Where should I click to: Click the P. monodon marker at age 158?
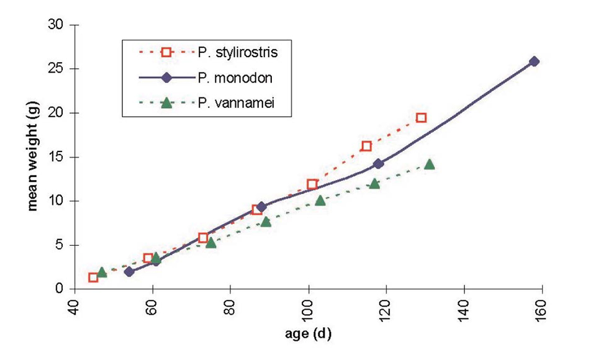click(534, 61)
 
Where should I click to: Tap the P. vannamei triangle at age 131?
click(429, 164)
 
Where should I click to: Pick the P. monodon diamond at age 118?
click(378, 164)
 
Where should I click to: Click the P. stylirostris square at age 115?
click(366, 146)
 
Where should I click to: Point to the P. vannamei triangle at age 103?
click(320, 200)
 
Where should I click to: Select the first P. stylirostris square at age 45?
click(93, 277)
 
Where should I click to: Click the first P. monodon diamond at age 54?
click(129, 272)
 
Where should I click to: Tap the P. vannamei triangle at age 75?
click(210, 243)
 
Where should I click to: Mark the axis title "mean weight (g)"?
click(33, 157)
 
